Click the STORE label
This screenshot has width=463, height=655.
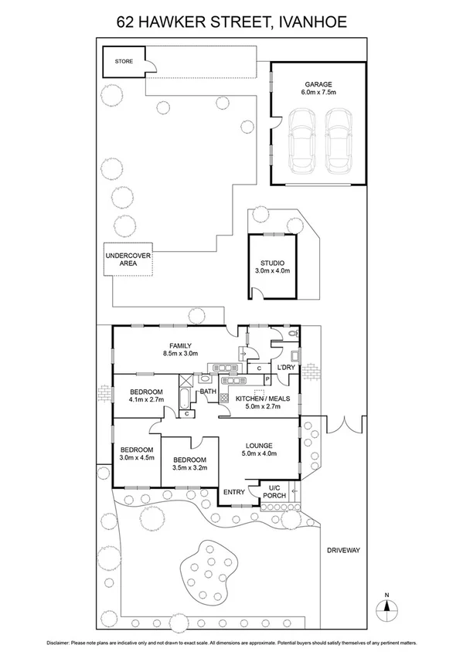[124, 61]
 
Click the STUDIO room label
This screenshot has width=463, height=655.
[272, 266]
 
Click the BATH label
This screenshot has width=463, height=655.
[208, 392]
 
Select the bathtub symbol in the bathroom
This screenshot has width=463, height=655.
[186, 399]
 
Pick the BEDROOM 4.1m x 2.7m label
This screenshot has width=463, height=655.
[145, 395]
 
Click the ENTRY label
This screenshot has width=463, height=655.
[233, 492]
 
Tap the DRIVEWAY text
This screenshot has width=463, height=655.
[343, 550]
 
